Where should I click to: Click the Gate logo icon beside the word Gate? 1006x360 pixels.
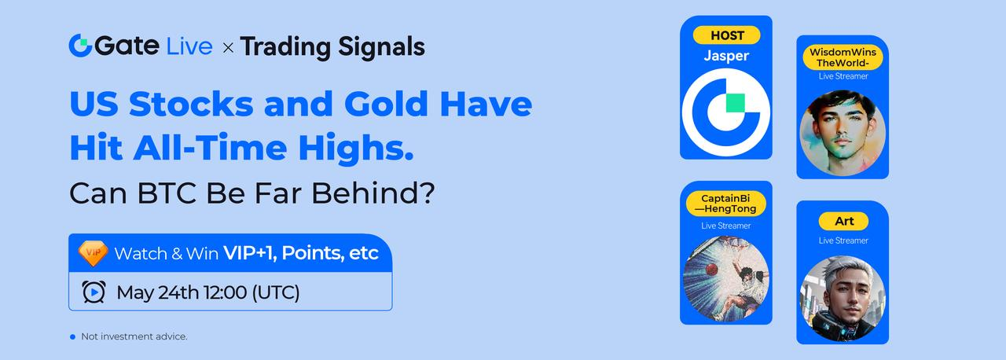point(80,46)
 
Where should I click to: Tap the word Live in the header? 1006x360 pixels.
point(189,46)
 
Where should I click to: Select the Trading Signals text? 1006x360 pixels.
point(332,47)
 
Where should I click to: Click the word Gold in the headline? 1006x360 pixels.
point(386,104)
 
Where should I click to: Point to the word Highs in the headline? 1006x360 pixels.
point(356,148)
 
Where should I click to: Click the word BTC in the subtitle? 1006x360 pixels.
point(167,193)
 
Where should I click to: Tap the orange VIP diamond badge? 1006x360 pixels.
point(93,253)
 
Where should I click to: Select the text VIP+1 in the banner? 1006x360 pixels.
point(250,253)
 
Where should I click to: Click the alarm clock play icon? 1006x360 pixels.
point(94,292)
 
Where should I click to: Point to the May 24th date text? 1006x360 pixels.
point(158,292)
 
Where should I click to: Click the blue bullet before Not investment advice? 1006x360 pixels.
point(73,336)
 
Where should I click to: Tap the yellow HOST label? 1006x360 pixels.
point(727,35)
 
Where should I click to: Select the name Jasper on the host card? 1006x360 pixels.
point(726,56)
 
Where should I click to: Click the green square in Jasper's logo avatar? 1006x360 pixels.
point(735,103)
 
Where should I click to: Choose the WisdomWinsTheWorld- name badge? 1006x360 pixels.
point(843,57)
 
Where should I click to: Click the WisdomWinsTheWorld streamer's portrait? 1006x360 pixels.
point(843,133)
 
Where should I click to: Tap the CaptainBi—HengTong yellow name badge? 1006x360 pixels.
point(725,204)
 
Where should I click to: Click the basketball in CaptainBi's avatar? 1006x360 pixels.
point(712,270)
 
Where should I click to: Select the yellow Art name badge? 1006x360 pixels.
point(843,221)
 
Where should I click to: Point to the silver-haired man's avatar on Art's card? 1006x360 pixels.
point(843,299)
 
